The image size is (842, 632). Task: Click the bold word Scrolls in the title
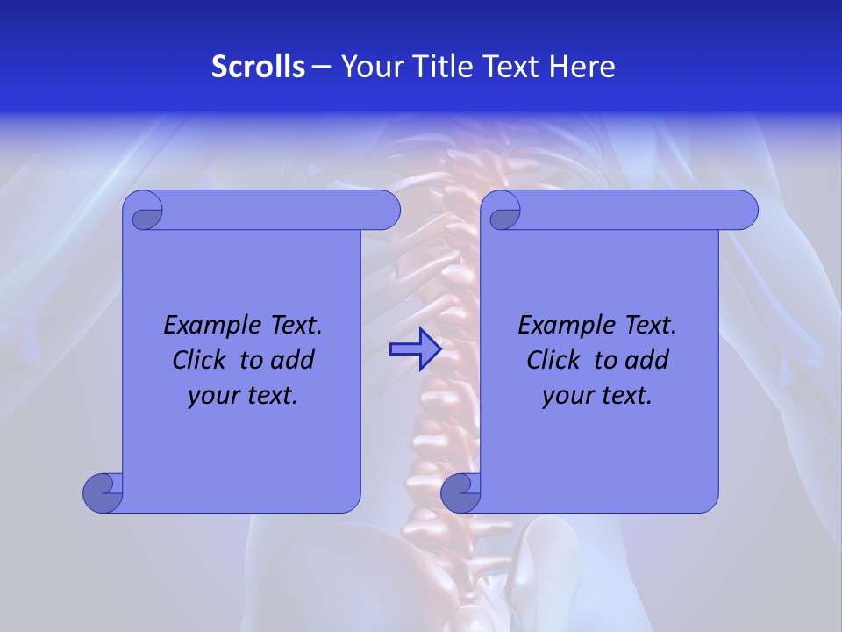[x=259, y=67]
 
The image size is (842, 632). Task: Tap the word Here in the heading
[x=582, y=67]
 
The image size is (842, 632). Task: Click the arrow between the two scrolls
[x=415, y=349]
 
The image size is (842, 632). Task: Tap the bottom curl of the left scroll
[x=103, y=492]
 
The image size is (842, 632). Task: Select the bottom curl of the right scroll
[x=460, y=492]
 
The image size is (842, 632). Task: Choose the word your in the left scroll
[x=210, y=396]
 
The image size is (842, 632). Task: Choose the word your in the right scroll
[x=565, y=396]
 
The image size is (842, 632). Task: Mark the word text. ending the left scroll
[x=269, y=396]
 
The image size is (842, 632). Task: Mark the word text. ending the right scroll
[x=624, y=396]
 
